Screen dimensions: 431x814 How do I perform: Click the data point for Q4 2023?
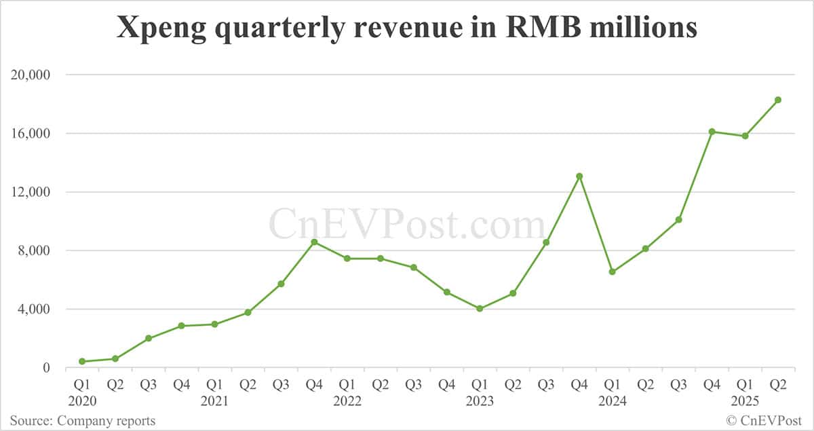[579, 176]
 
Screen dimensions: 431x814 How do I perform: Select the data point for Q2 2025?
[778, 100]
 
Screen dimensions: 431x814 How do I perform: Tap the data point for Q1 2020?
[82, 361]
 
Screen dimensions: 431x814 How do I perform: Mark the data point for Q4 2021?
[314, 242]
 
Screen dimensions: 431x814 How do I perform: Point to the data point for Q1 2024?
[613, 271]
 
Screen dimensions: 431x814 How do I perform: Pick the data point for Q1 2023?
[480, 308]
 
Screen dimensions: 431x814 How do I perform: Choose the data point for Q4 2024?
[712, 132]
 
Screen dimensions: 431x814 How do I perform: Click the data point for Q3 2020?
[149, 338]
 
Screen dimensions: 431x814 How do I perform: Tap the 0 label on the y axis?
[47, 368]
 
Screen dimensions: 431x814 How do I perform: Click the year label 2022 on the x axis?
[347, 401]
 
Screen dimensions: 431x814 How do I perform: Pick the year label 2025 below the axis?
[745, 401]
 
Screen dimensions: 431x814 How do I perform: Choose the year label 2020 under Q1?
[82, 401]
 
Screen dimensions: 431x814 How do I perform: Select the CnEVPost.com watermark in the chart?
[407, 224]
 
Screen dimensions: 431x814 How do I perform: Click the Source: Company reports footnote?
[82, 421]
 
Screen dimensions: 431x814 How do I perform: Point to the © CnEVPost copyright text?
[765, 421]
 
